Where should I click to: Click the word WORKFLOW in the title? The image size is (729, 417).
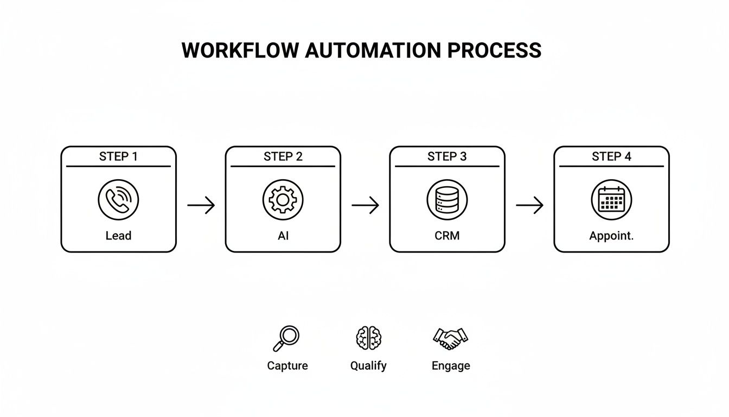click(x=240, y=50)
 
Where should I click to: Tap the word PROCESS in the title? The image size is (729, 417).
click(x=494, y=50)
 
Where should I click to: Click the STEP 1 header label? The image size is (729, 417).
click(x=118, y=157)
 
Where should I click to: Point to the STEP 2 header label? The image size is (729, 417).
click(x=283, y=157)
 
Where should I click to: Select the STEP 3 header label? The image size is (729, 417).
click(x=447, y=157)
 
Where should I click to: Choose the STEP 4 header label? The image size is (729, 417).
click(x=611, y=157)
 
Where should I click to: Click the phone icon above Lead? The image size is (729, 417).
click(x=118, y=200)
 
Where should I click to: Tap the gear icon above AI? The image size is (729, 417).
click(x=283, y=200)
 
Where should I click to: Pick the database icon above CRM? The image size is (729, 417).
click(x=447, y=200)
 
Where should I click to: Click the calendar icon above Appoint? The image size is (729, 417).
click(x=611, y=200)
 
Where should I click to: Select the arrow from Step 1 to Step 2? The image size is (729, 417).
click(x=201, y=205)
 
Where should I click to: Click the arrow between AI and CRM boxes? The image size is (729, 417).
click(x=365, y=205)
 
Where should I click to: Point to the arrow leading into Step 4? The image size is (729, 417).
click(x=529, y=205)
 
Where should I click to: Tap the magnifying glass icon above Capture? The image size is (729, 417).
click(x=286, y=338)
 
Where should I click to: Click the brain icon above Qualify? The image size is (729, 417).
click(x=368, y=338)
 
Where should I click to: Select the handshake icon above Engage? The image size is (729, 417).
click(x=450, y=338)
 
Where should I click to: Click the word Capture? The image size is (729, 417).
click(x=287, y=366)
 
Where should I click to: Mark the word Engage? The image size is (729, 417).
click(x=451, y=366)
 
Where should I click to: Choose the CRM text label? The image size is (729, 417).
click(x=447, y=236)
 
